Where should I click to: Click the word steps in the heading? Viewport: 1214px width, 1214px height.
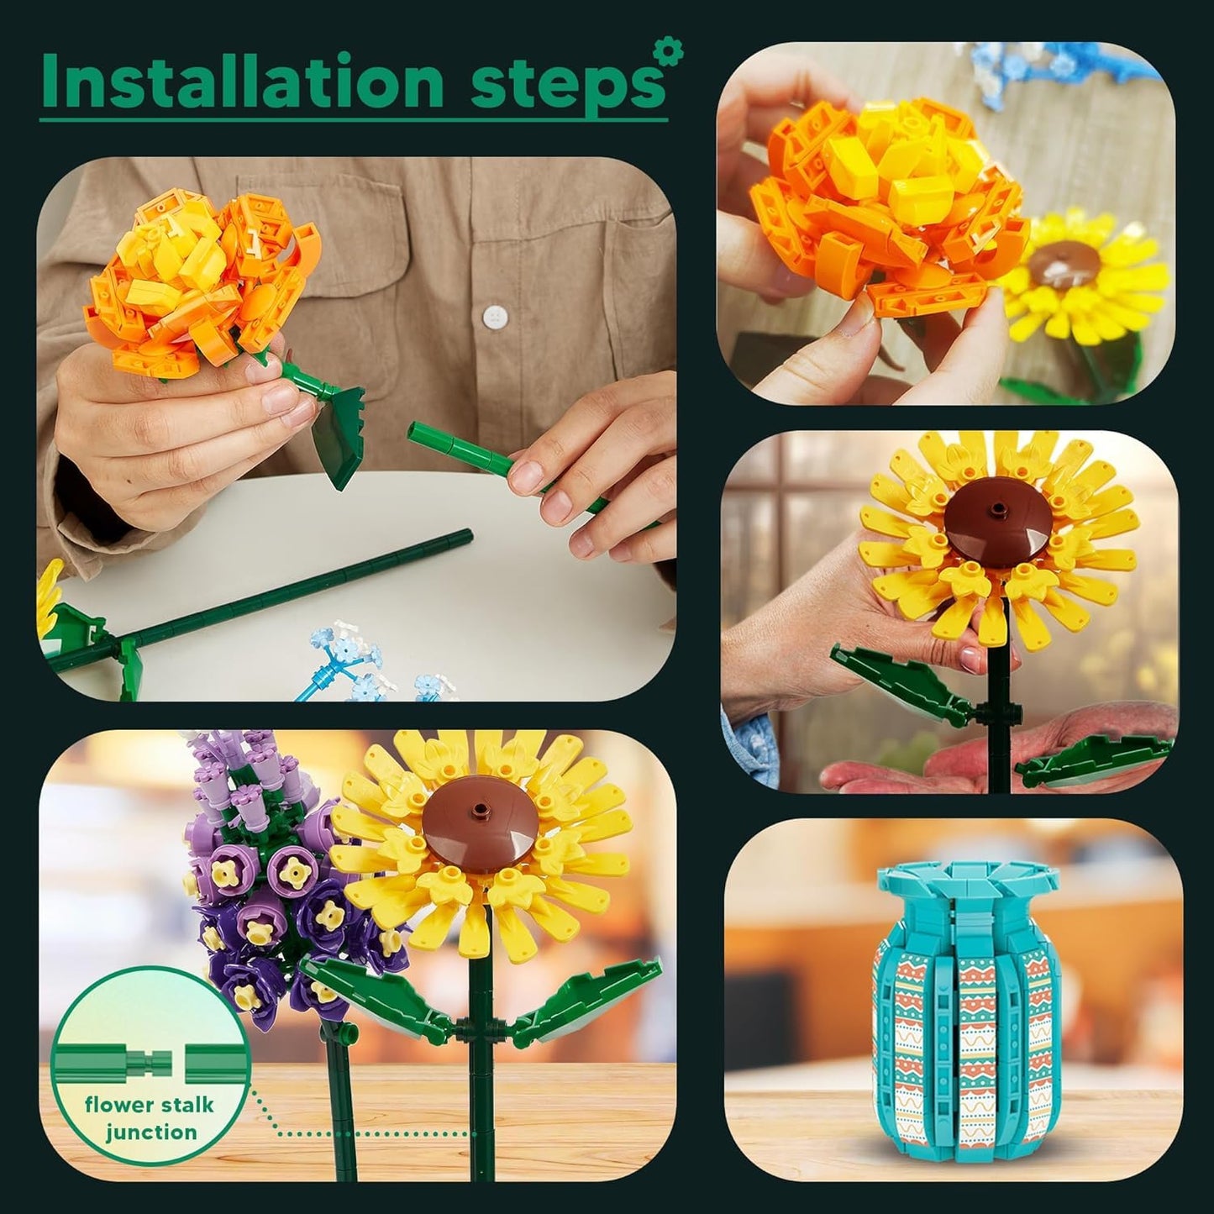(561, 86)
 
